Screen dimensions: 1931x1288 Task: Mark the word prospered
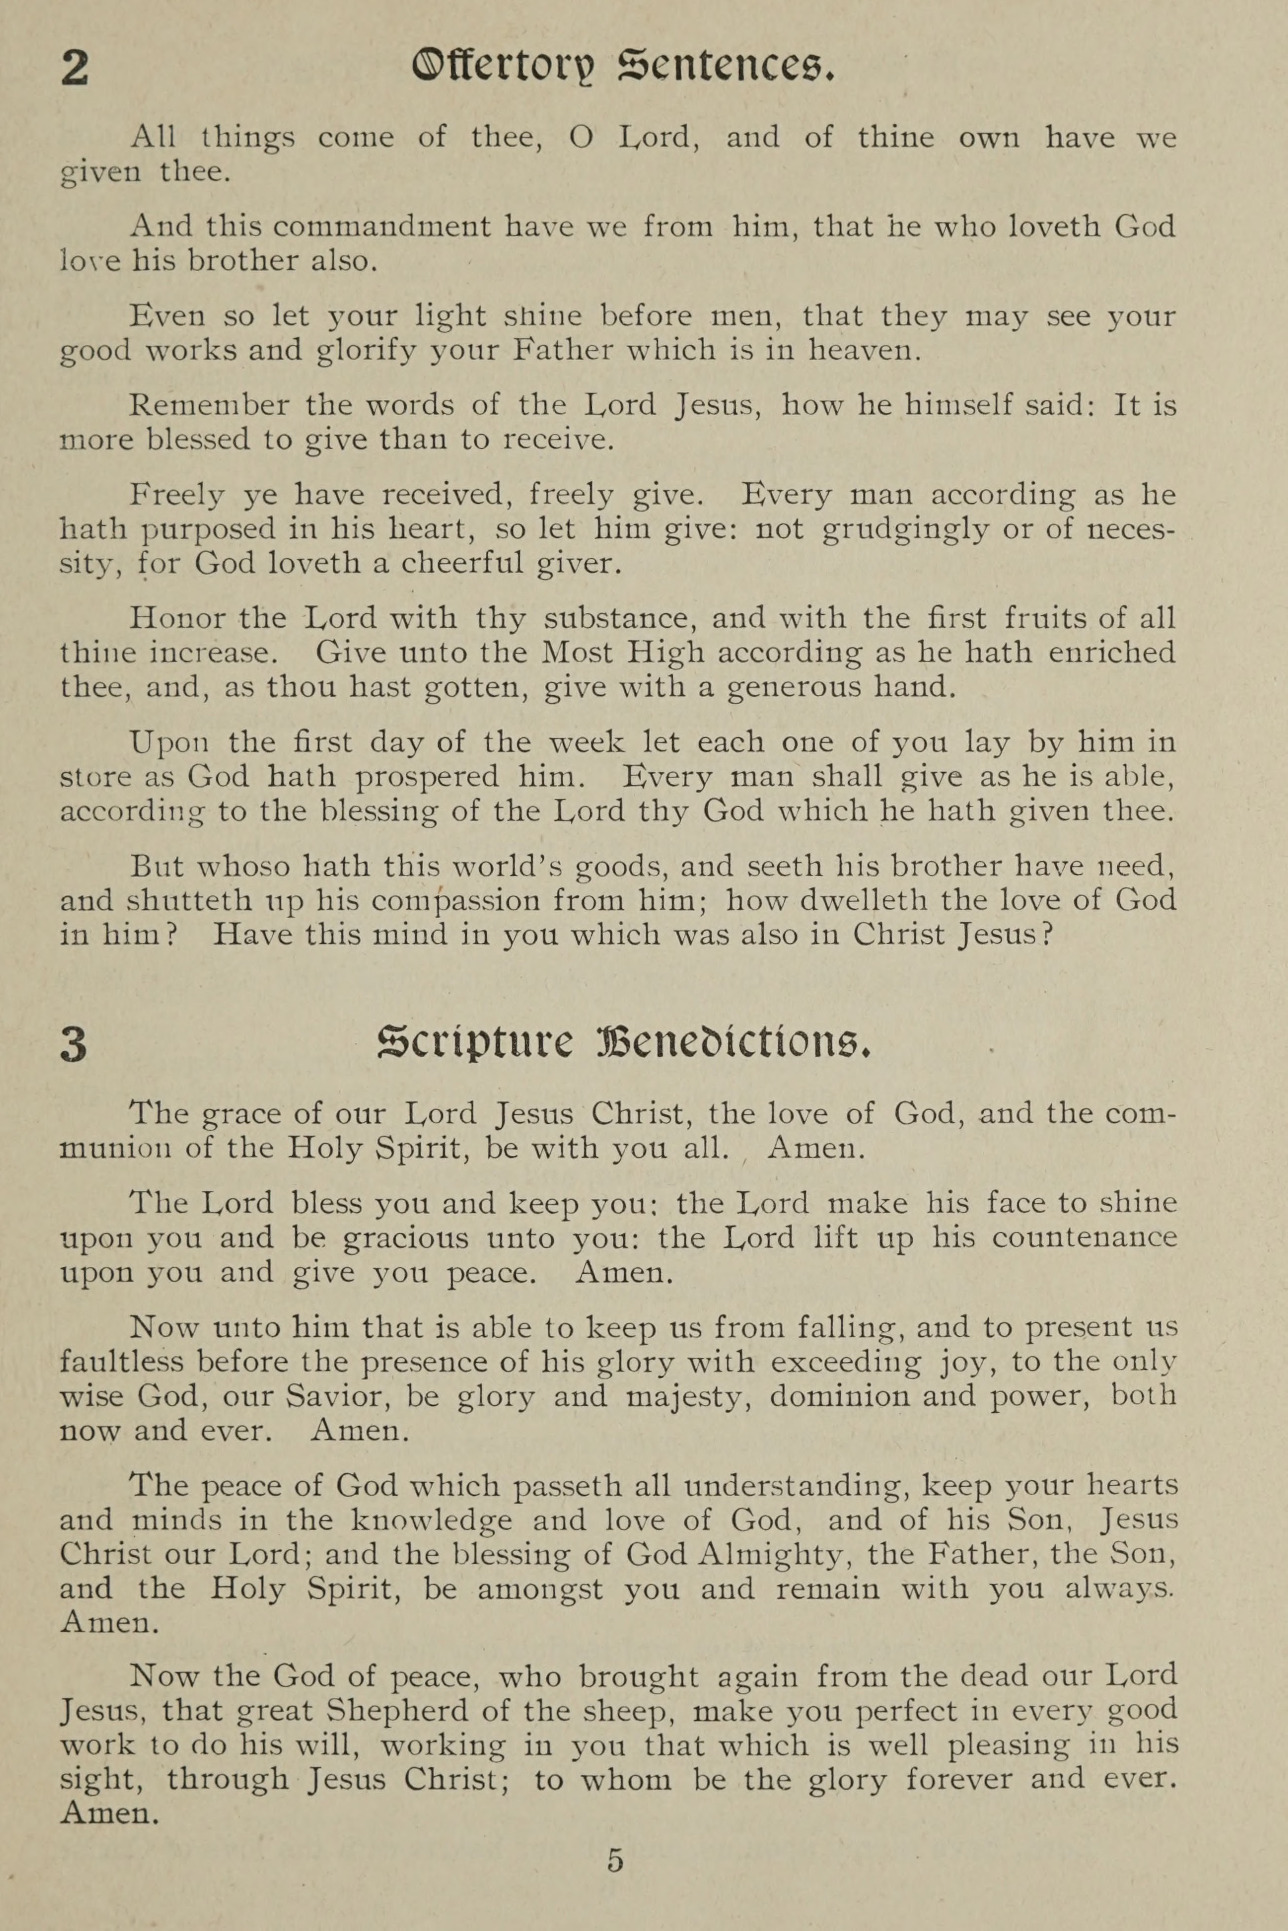pyautogui.click(x=427, y=777)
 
